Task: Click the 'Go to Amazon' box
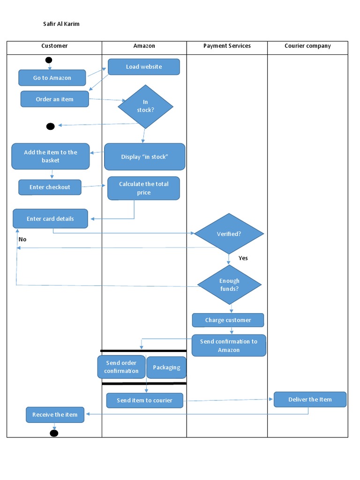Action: (52, 78)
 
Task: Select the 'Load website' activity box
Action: (144, 67)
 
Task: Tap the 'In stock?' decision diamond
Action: (145, 106)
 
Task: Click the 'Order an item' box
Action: (54, 99)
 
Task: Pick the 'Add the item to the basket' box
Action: (51, 157)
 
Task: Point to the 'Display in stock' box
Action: (144, 157)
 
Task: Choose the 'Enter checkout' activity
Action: (50, 187)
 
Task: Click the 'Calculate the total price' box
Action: (143, 188)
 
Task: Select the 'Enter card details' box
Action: (50, 219)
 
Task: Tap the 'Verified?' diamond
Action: (229, 233)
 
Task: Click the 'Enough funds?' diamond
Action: (229, 285)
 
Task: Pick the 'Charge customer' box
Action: (228, 320)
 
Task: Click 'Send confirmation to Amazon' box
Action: (229, 345)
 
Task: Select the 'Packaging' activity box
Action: (166, 367)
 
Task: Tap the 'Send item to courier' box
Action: (144, 400)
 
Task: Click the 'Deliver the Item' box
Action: (310, 399)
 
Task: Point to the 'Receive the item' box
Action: (55, 415)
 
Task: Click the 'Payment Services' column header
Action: (227, 46)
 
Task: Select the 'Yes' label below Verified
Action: (243, 258)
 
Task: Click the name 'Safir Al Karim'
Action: (61, 24)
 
